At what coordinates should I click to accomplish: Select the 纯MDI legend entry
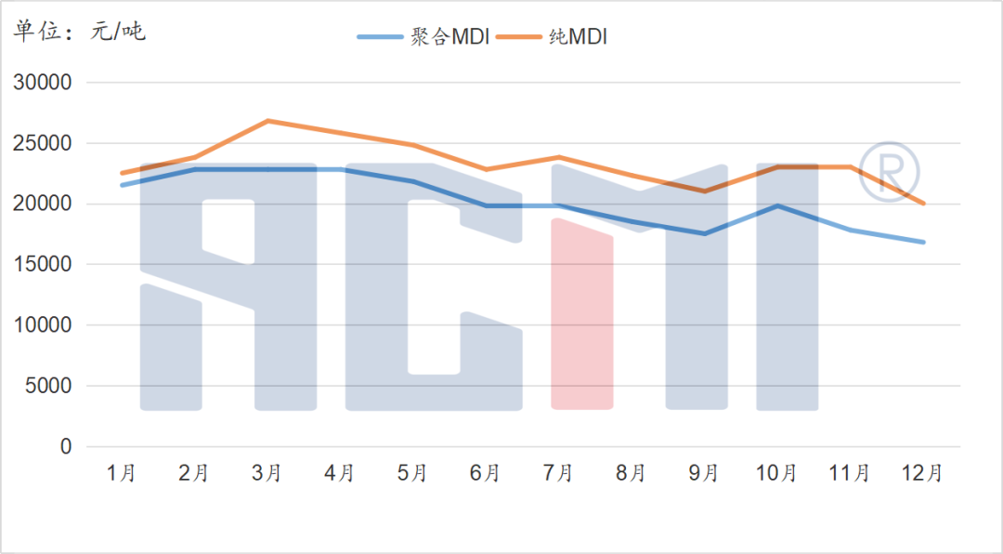[552, 36]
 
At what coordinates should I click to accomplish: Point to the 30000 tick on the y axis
[41, 83]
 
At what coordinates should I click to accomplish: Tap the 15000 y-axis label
[41, 265]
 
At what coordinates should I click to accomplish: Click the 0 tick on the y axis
[65, 447]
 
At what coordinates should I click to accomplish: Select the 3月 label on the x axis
[267, 473]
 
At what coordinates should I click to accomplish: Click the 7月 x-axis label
[558, 473]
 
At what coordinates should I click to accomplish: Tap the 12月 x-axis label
[922, 473]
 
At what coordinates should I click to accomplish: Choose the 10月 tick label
[776, 473]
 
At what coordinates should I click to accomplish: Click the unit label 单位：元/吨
[79, 32]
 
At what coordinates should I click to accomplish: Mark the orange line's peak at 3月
[267, 121]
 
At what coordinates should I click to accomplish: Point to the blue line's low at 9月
[704, 233]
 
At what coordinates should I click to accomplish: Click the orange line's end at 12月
[923, 204]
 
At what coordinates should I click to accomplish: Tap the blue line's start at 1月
[122, 185]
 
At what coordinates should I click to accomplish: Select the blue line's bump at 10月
[777, 205]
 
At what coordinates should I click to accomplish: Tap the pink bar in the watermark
[582, 316]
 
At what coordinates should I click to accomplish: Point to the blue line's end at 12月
[923, 242]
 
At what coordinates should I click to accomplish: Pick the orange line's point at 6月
[486, 169]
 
